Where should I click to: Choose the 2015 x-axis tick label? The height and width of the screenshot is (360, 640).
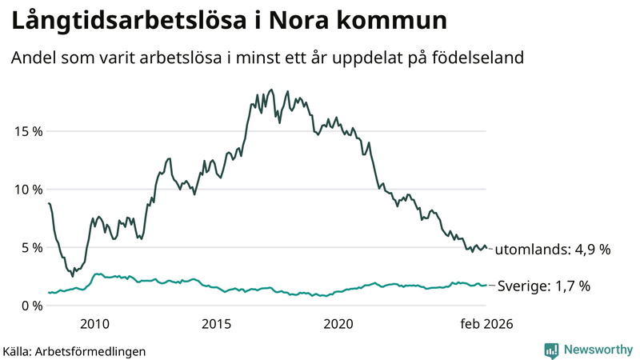click(216, 324)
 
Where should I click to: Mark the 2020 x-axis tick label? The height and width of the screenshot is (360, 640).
click(338, 324)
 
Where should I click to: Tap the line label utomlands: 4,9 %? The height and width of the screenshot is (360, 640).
click(553, 250)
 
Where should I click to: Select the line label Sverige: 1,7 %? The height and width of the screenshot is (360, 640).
click(544, 286)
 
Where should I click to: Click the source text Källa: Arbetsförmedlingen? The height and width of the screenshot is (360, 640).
click(74, 351)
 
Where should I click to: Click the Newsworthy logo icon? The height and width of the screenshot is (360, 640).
click(552, 350)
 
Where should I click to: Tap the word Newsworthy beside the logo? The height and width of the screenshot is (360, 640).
click(598, 350)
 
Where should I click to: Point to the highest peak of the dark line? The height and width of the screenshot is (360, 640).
click(272, 90)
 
